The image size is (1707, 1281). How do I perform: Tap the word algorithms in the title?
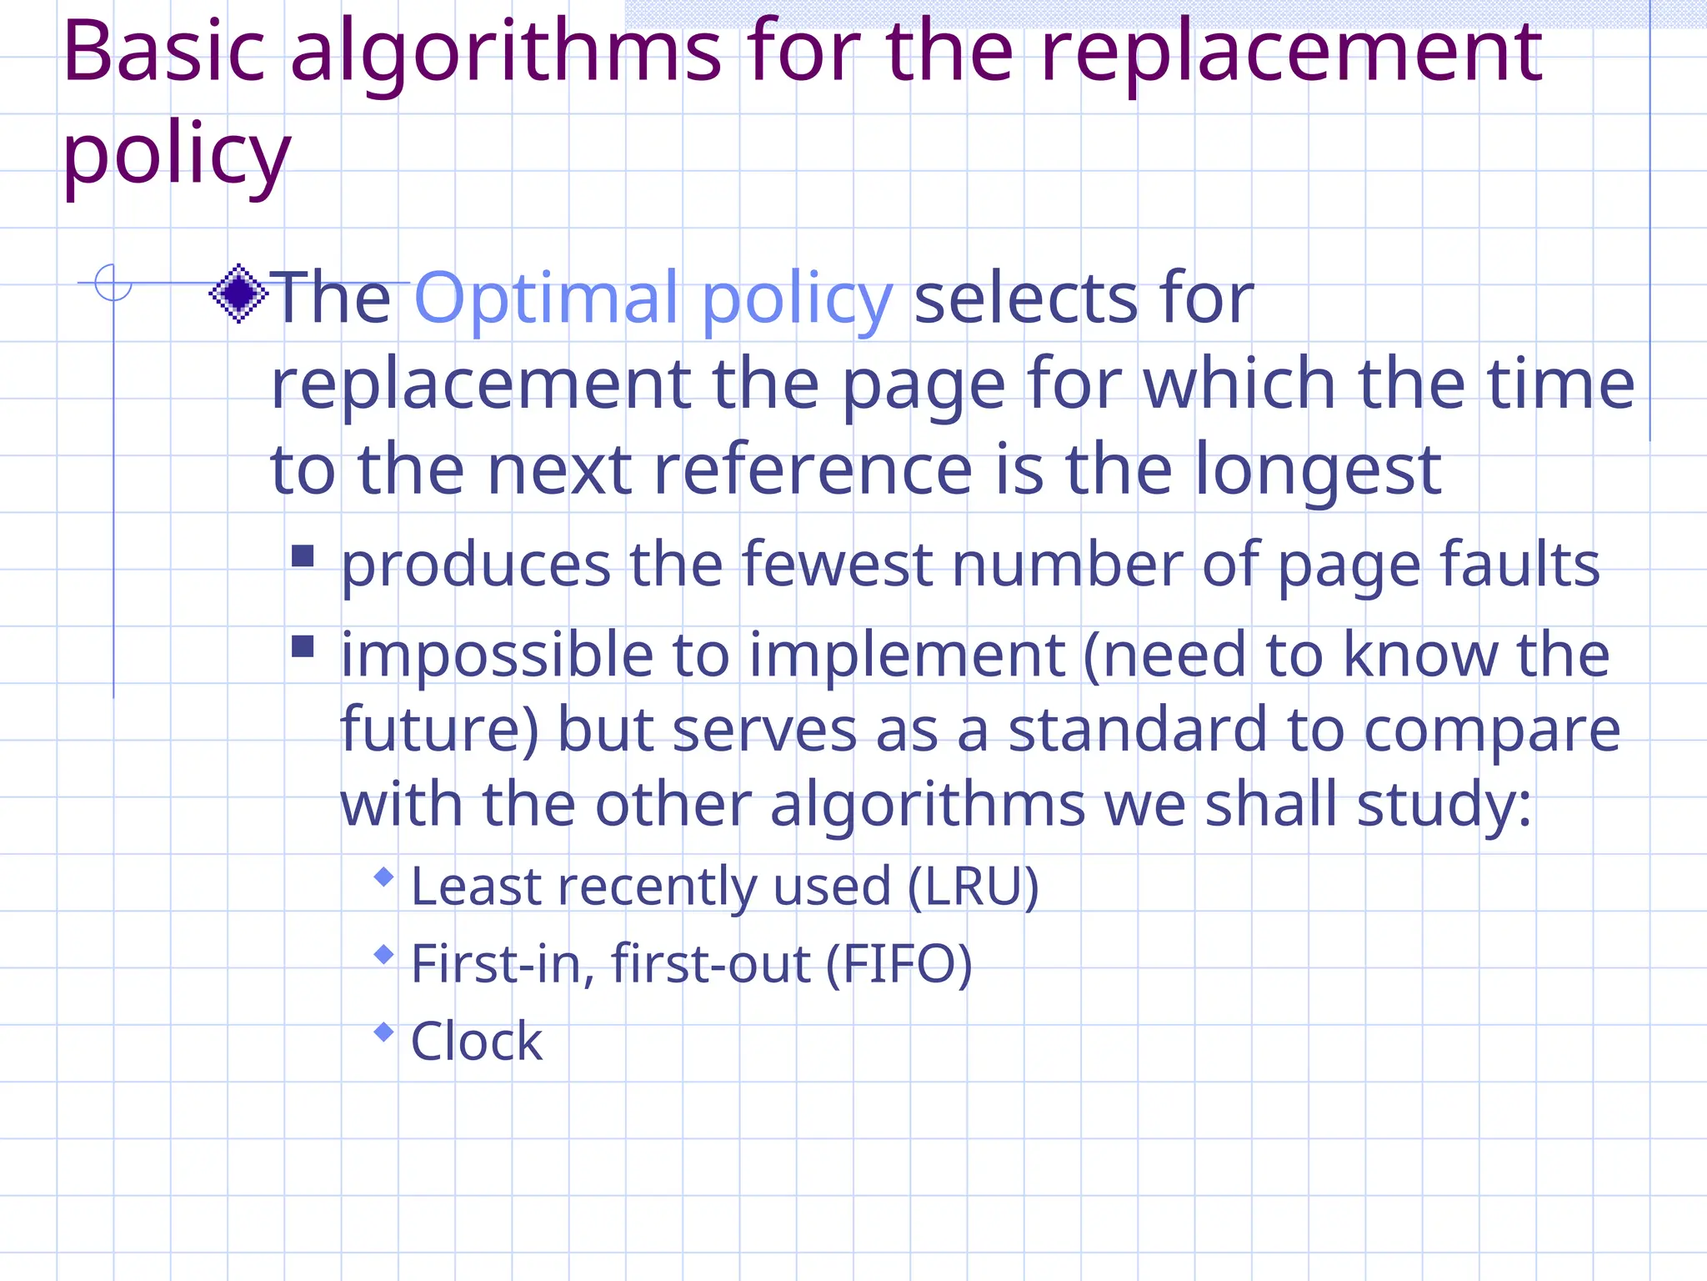(x=506, y=54)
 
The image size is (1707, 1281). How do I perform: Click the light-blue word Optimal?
(x=547, y=299)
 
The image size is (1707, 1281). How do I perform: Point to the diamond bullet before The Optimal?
(x=238, y=294)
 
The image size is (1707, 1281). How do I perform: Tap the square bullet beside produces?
(x=303, y=556)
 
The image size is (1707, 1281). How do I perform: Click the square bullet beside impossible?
(x=303, y=647)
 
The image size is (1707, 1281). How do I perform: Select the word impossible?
(x=497, y=656)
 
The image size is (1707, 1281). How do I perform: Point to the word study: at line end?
(x=1444, y=806)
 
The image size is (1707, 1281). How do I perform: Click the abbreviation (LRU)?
(x=973, y=886)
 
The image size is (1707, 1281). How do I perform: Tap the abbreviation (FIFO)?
(x=899, y=964)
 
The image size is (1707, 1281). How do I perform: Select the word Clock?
(x=477, y=1042)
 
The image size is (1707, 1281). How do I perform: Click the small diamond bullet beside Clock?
(x=383, y=1032)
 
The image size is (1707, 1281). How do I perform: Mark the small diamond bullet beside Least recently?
(x=383, y=877)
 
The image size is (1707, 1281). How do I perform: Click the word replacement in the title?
(x=1291, y=54)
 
